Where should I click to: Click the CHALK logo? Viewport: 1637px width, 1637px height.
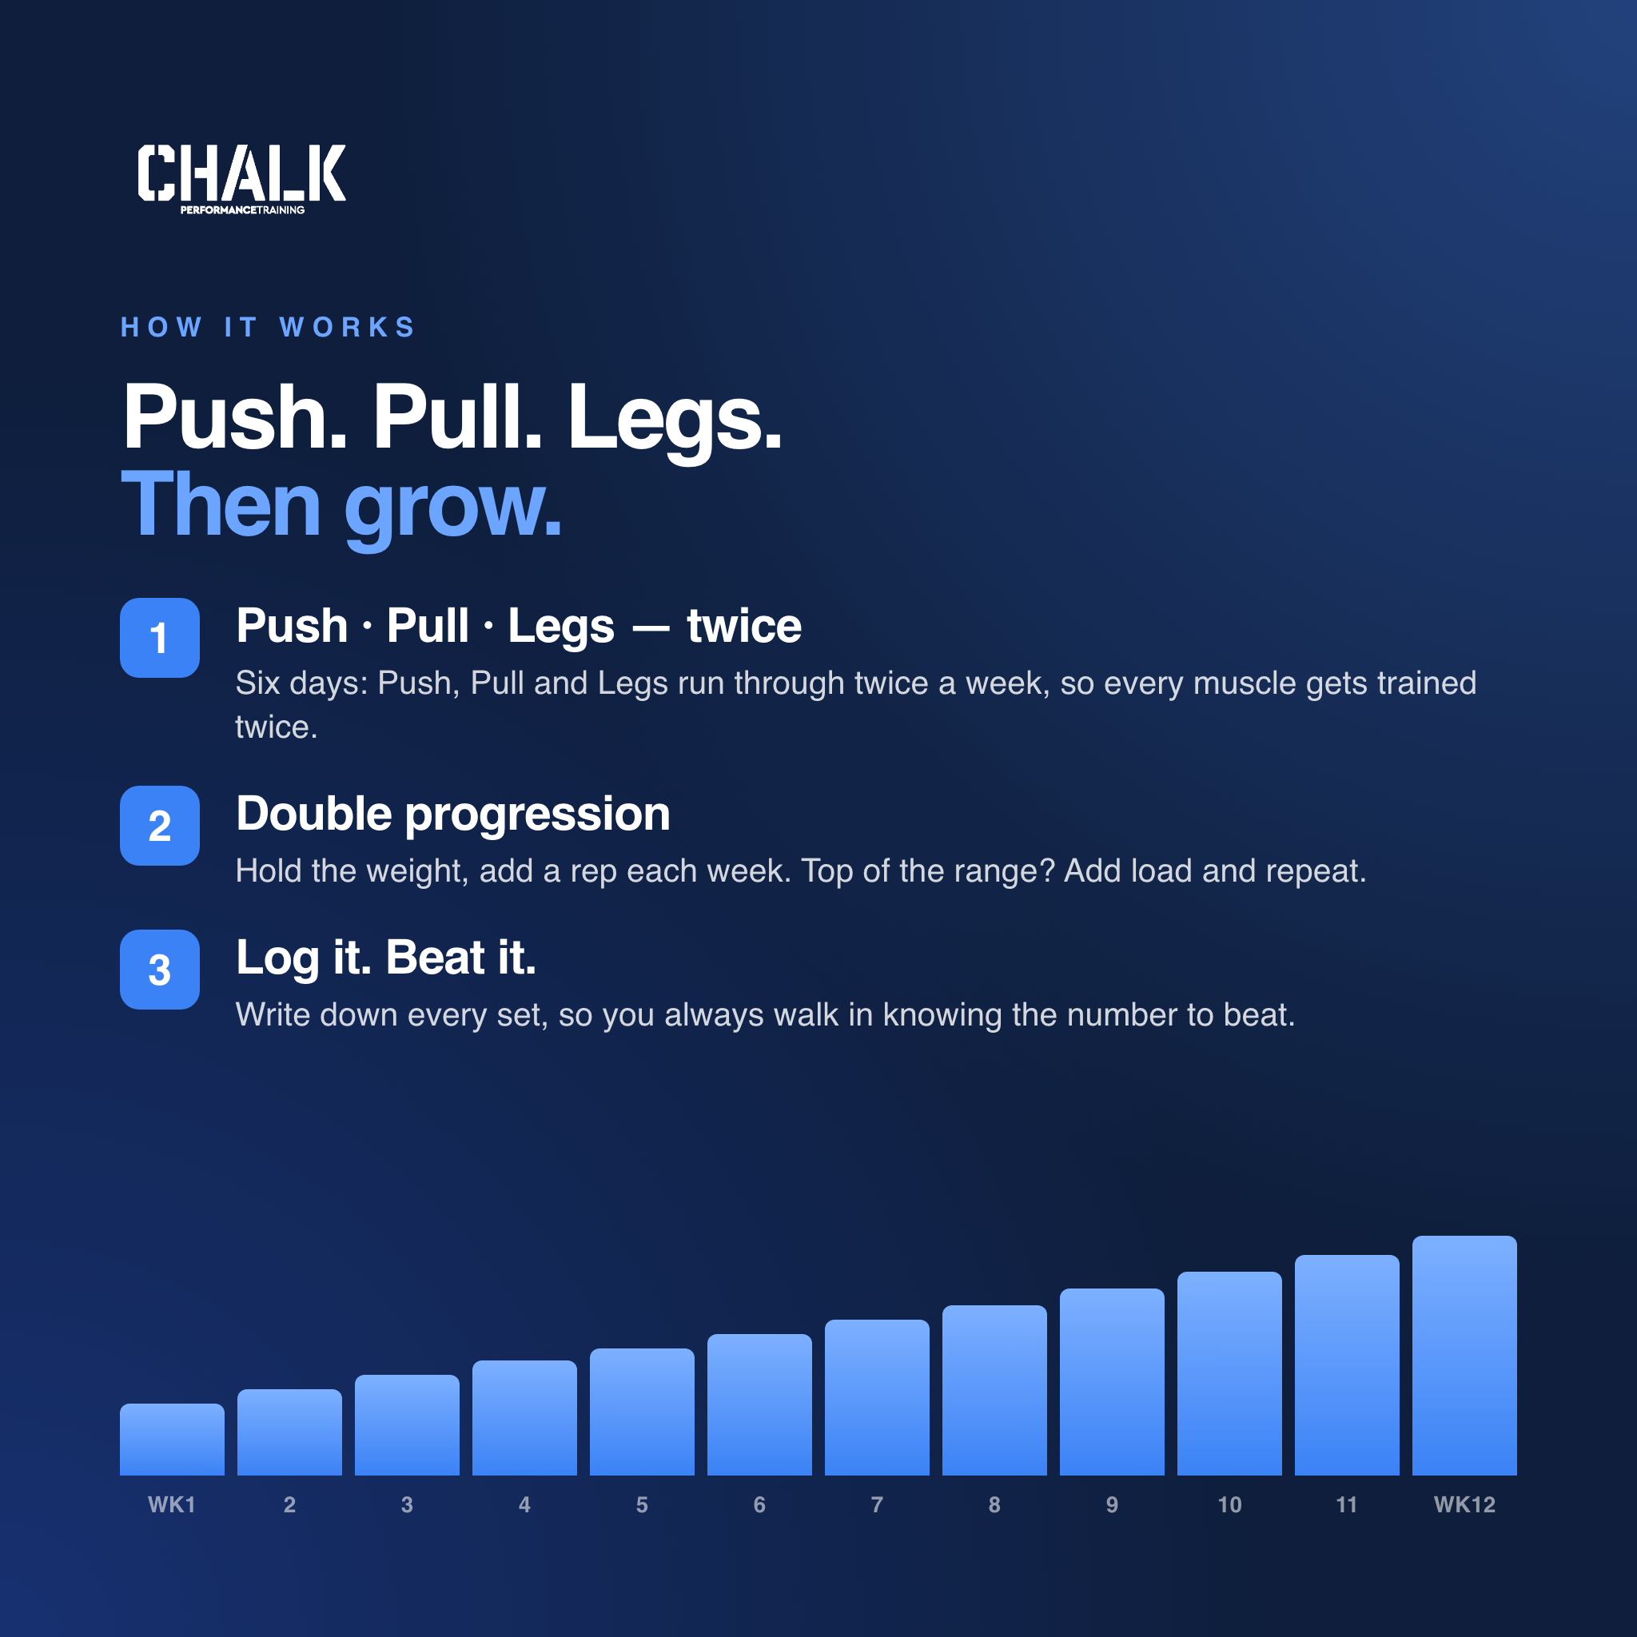tap(241, 178)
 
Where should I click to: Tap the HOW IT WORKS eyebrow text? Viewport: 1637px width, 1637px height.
tap(269, 327)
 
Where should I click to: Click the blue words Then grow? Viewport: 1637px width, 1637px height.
tap(341, 506)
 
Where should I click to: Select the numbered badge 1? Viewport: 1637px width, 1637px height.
tap(159, 638)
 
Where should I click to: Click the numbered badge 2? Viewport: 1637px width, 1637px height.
tap(159, 826)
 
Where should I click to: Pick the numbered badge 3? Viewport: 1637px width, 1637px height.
tap(159, 970)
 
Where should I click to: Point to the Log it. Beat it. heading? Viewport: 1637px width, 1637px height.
tap(386, 958)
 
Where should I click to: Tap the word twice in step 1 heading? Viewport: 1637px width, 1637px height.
tap(744, 627)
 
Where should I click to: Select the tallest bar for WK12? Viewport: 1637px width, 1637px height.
tap(1464, 1356)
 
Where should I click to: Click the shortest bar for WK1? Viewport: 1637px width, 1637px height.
tap(172, 1440)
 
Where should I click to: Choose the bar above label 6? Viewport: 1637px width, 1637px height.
tap(759, 1405)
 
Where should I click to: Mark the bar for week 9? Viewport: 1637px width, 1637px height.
tap(1112, 1382)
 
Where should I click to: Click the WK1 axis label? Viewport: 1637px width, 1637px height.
tap(172, 1505)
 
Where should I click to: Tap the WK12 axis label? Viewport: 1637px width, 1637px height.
tap(1464, 1505)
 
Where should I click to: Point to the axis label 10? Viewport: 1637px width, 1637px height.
tap(1229, 1505)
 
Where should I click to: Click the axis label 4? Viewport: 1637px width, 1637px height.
tap(524, 1505)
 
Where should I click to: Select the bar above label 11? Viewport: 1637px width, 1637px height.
tap(1346, 1365)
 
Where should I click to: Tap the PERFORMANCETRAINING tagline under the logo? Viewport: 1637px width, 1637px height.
tap(242, 209)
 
